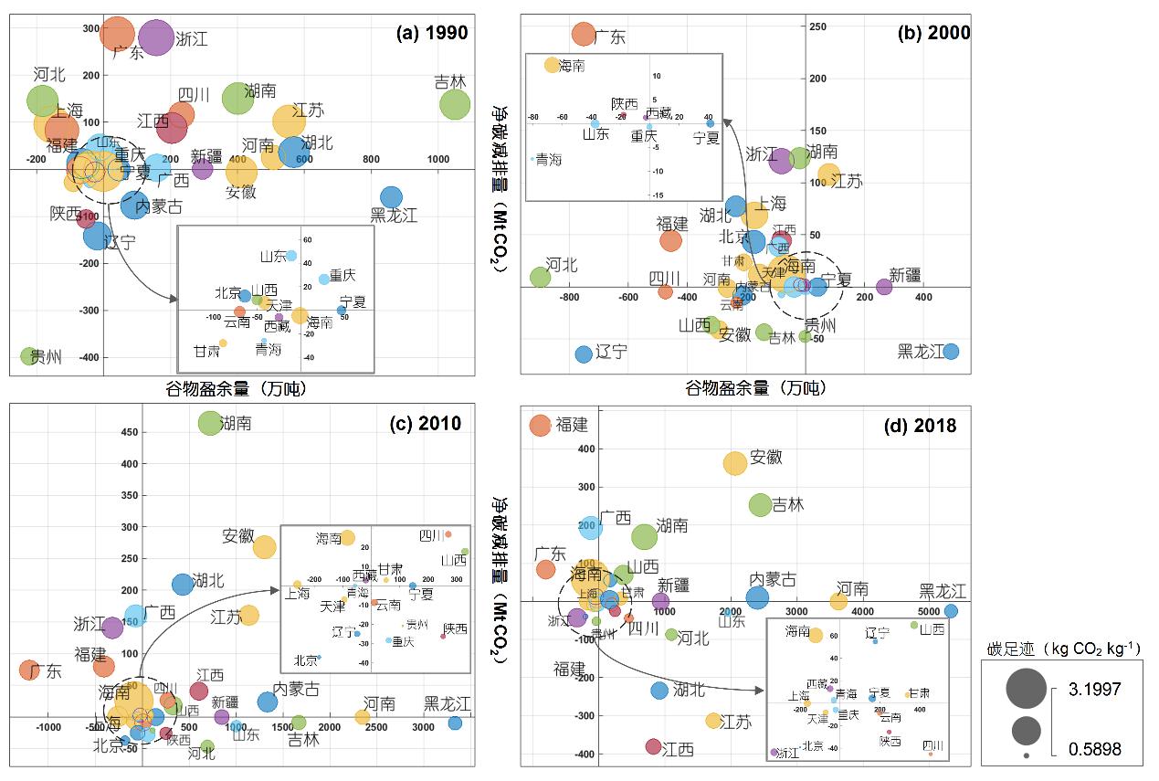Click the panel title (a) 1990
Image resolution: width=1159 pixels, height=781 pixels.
pyautogui.click(x=431, y=34)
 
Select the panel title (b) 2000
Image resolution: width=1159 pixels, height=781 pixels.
pyautogui.click(x=933, y=34)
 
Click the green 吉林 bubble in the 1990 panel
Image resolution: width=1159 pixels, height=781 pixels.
pyautogui.click(x=455, y=104)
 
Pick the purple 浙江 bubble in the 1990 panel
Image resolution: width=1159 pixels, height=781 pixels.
pyautogui.click(x=155, y=37)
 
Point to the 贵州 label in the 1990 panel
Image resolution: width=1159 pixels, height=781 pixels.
pyautogui.click(x=46, y=357)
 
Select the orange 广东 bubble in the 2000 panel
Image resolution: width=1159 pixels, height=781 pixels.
pyautogui.click(x=583, y=35)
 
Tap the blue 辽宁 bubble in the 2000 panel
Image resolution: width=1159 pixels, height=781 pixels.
pyautogui.click(x=584, y=354)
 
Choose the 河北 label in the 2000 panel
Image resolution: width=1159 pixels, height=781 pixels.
pyautogui.click(x=562, y=265)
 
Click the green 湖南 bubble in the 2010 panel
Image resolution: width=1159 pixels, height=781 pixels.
pyautogui.click(x=210, y=423)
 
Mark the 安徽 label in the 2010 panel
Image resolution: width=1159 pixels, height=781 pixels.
pyautogui.click(x=237, y=536)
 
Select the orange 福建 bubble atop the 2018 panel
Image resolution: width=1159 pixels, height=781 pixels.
pyautogui.click(x=541, y=425)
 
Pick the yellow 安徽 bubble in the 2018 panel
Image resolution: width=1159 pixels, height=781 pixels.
pyautogui.click(x=735, y=463)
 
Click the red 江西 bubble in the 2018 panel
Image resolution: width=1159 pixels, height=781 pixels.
pyautogui.click(x=653, y=746)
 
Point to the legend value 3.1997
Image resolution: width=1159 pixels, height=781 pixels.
pyautogui.click(x=1093, y=688)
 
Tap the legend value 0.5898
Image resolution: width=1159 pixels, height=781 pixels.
pyautogui.click(x=1093, y=750)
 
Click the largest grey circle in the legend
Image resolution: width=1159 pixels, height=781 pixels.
pyautogui.click(x=1027, y=689)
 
